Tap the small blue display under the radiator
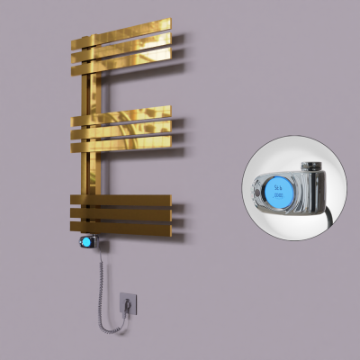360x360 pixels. (x=86, y=242)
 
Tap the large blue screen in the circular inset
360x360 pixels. (x=277, y=190)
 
